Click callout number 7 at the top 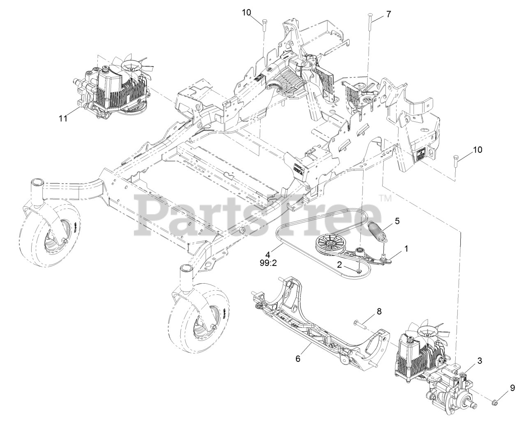388,14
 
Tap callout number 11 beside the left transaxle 62,118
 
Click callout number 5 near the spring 397,221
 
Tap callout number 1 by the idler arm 406,249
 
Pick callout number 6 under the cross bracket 298,359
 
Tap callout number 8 379,312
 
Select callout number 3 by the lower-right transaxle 480,361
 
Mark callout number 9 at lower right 512,387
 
